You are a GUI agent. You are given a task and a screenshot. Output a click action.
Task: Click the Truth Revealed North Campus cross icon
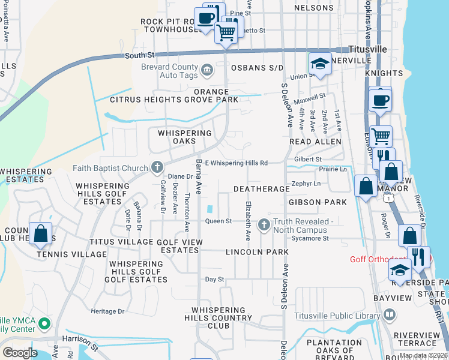click(263, 225)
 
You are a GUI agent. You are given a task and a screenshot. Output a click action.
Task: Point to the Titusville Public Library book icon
click(390, 314)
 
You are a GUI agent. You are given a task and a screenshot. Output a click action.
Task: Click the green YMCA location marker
click(44, 325)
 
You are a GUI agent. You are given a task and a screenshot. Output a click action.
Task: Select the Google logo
click(20, 353)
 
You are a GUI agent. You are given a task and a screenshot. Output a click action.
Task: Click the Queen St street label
click(218, 221)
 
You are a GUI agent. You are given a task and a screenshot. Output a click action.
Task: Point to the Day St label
click(214, 280)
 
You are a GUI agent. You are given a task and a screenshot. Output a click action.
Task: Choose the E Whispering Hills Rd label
click(236, 163)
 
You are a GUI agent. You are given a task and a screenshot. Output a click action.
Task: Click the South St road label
click(140, 55)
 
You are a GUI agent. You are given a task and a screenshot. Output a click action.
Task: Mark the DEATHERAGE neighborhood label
click(261, 189)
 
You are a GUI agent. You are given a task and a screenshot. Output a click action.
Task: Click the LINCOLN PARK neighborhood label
click(257, 253)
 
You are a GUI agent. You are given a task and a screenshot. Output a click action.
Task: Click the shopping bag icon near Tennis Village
click(40, 234)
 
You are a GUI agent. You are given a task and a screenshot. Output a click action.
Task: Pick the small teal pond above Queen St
click(209, 209)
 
